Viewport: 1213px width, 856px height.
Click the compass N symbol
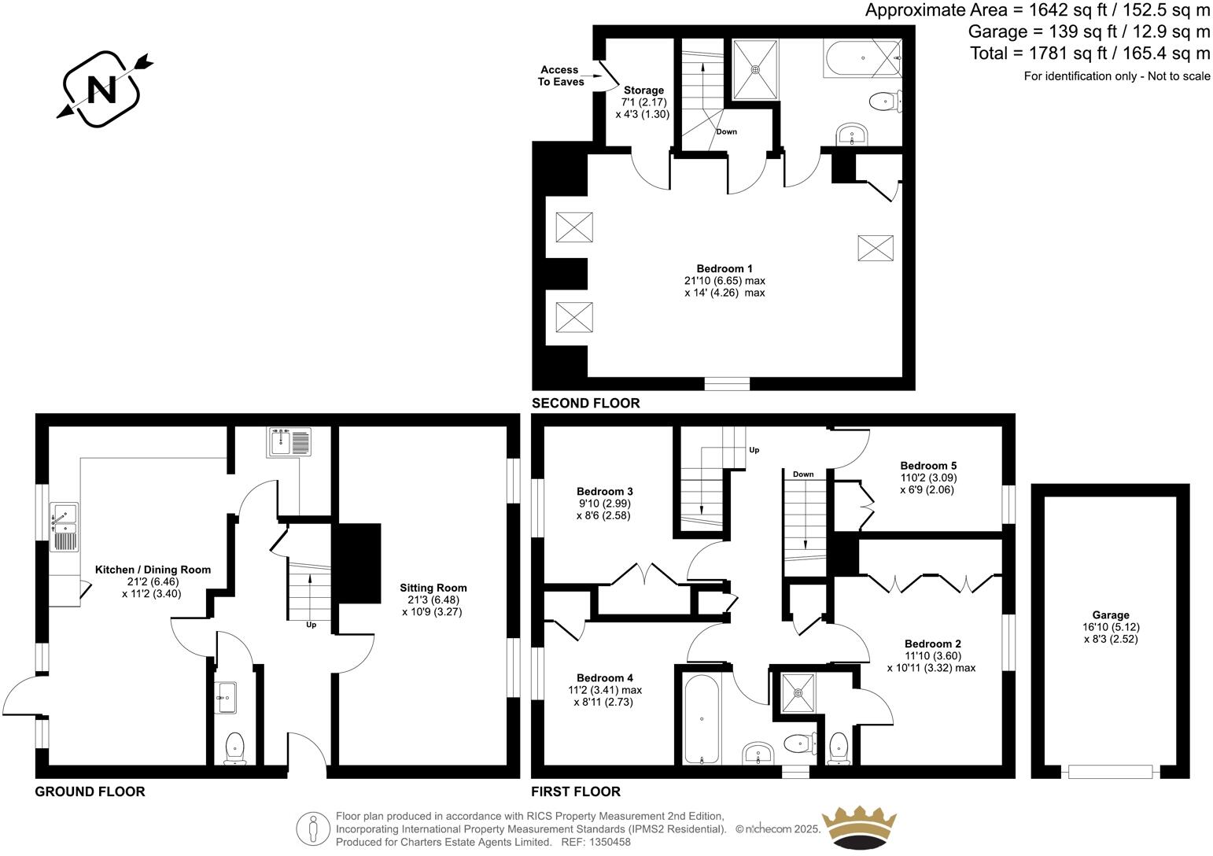coord(101,89)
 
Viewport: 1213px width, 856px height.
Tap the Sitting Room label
coord(433,588)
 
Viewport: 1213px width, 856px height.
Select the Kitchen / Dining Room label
coord(153,570)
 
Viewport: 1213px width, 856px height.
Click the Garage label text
coord(1110,615)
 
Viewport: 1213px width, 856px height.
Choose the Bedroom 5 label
coord(928,465)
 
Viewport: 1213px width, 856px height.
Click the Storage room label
coord(643,90)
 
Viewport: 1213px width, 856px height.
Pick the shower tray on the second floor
coord(756,68)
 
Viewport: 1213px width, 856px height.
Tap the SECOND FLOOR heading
coord(586,404)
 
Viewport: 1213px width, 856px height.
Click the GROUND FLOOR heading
coord(90,791)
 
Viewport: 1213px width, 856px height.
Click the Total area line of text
coord(1089,53)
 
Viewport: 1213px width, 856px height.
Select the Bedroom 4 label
coord(605,678)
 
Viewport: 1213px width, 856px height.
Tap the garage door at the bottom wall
coord(1110,772)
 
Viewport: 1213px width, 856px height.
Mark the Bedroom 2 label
coord(932,644)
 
